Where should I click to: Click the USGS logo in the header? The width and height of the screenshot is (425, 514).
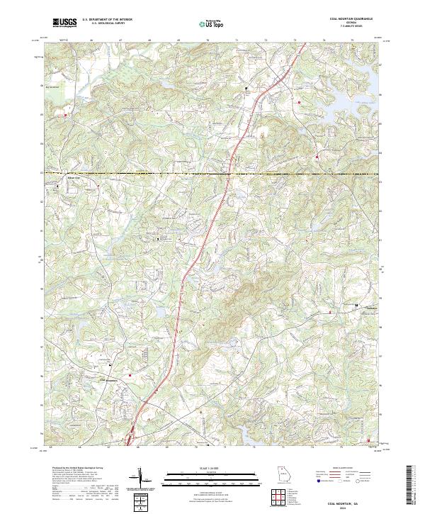pos(64,23)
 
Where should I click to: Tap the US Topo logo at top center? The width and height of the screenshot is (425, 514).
pos(212,23)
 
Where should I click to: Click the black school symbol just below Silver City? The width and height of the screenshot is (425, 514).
pos(57,186)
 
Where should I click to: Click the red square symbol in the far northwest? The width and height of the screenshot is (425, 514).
pos(66,114)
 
